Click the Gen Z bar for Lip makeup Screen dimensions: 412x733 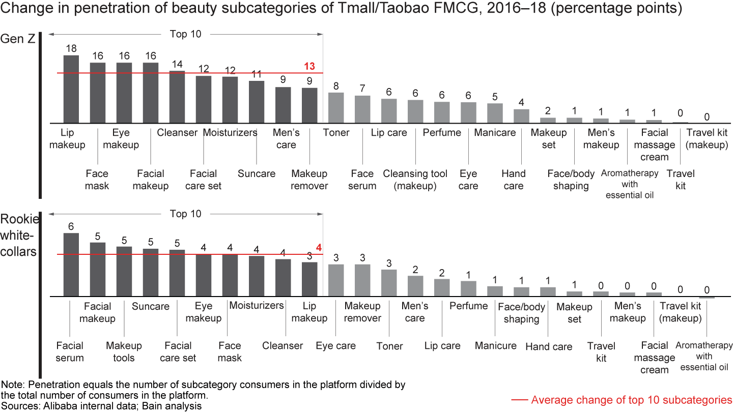pyautogui.click(x=71, y=89)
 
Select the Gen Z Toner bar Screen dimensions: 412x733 pyautogui.click(x=336, y=108)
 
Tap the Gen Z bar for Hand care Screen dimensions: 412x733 pyautogui.click(x=521, y=116)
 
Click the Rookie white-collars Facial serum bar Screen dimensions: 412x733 pyautogui.click(x=71, y=264)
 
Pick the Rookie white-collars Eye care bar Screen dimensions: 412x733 pyautogui.click(x=336, y=280)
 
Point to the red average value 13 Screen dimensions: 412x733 pyautogui.click(x=309, y=66)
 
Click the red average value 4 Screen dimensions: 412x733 pyautogui.click(x=319, y=248)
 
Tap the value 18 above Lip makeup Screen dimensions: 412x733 pyautogui.click(x=71, y=48)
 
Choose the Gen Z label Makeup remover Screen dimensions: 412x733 pyautogui.click(x=309, y=180)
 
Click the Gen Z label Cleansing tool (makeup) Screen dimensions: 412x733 pyautogui.click(x=415, y=180)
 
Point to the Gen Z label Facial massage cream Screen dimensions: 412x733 pyautogui.click(x=654, y=145)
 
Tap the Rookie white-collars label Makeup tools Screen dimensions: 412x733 pyautogui.click(x=124, y=351)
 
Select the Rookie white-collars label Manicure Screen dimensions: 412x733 pyautogui.click(x=495, y=346)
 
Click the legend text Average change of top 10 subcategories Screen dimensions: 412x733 pyautogui.click(x=631, y=400)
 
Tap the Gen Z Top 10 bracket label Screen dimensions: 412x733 pyautogui.click(x=186, y=34)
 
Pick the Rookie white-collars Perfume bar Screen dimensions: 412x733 pyautogui.click(x=468, y=288)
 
